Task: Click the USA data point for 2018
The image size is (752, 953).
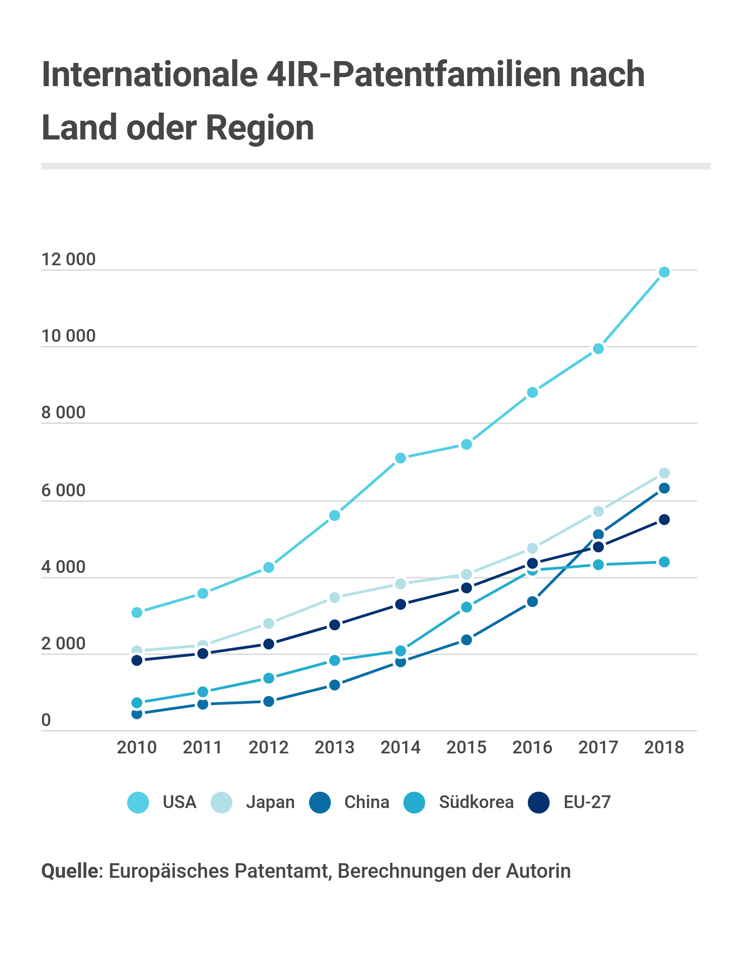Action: pos(664,272)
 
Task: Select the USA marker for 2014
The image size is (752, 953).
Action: pos(401,458)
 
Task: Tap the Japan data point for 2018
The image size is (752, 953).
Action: pos(664,473)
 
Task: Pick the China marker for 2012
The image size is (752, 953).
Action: pos(269,701)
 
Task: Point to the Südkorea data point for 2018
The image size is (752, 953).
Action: pos(664,562)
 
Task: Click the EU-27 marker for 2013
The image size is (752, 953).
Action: pos(335,624)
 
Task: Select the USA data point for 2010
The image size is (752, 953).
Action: pos(137,613)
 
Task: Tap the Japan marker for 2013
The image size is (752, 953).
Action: pos(335,597)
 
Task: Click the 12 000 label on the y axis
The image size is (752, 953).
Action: pos(68,259)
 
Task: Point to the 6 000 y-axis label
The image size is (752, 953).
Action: pos(63,490)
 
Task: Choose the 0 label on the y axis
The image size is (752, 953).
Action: pos(46,720)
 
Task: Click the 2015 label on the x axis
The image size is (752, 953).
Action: pos(466,747)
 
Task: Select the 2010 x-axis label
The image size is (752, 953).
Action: pos(137,747)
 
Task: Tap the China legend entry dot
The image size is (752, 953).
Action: pos(320,802)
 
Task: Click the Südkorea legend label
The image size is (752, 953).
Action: pos(476,802)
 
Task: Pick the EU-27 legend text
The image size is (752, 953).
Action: pos(587,802)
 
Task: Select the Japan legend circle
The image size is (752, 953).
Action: pos(221,802)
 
